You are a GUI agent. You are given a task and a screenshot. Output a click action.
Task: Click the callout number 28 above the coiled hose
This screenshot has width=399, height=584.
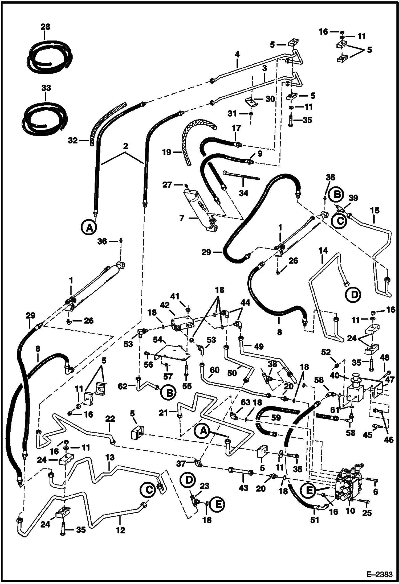pos(45,27)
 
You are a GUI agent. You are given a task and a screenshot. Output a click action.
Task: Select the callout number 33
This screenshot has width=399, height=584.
pos(46,88)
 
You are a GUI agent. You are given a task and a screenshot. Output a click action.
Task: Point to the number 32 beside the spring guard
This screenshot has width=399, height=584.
pos(72,140)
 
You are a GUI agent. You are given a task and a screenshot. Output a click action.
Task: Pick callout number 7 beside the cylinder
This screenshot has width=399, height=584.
pos(182,219)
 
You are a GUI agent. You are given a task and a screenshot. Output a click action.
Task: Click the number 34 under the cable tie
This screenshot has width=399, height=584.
pos(243,193)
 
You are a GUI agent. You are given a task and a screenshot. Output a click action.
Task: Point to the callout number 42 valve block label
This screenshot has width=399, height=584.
pos(165,305)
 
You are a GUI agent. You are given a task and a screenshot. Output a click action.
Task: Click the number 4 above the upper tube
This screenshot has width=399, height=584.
pos(237,55)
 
